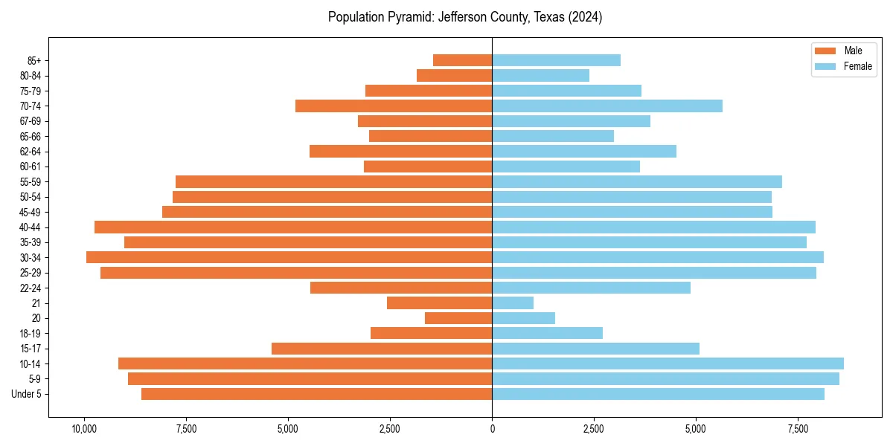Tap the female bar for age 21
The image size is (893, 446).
pos(513,303)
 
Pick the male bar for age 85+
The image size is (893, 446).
pos(462,60)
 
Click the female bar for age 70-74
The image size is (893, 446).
pos(606,106)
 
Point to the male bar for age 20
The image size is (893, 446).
pos(458,318)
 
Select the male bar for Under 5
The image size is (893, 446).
pos(316,394)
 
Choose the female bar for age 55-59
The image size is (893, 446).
pos(636,181)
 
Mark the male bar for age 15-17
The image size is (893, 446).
pos(382,349)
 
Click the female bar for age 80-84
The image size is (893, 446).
pos(540,75)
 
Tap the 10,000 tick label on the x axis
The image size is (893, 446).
pos(84,430)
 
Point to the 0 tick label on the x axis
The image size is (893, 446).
pos(492,430)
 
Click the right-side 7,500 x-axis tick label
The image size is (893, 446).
pos(798,430)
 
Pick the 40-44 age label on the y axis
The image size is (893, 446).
pos(31,227)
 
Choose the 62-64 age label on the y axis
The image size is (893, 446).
pos(31,152)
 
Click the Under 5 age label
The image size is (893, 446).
pos(27,394)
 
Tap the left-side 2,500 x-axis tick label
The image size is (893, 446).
pos(390,430)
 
